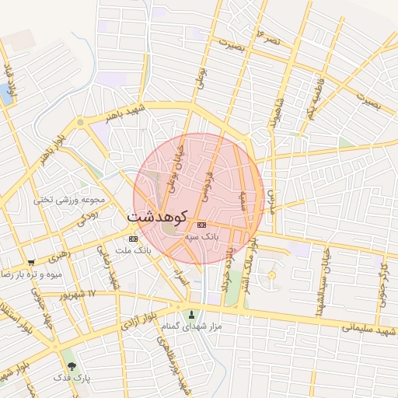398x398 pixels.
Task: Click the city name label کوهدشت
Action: click(162, 215)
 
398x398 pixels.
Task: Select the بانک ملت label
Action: click(133, 250)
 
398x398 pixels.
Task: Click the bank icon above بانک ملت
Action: click(133, 238)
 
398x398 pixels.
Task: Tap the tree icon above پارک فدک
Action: click(72, 365)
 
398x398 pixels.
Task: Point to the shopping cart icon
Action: click(31, 263)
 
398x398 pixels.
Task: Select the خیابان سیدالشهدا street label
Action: click(319, 282)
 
